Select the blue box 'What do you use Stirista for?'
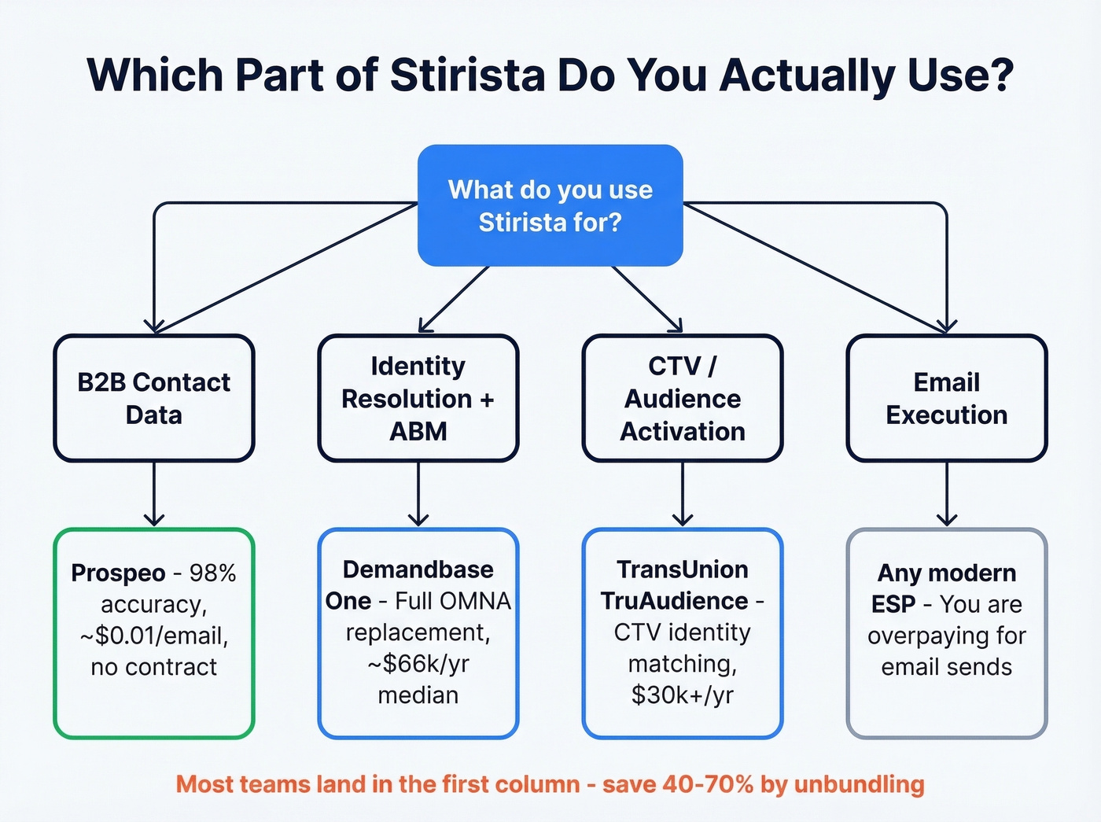550,205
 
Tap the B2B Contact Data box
154,398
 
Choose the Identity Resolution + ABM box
418,398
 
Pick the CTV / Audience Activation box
683,398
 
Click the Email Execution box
947,398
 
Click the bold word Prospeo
118,573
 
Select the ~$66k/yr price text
418,664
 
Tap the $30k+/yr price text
683,695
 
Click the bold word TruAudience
674,601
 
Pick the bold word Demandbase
418,570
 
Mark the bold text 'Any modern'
947,573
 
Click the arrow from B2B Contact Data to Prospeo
154,494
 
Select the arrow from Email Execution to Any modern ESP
947,494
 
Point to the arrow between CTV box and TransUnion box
683,494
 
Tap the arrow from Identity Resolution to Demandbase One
418,494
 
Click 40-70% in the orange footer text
708,784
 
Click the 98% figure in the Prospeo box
212,573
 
